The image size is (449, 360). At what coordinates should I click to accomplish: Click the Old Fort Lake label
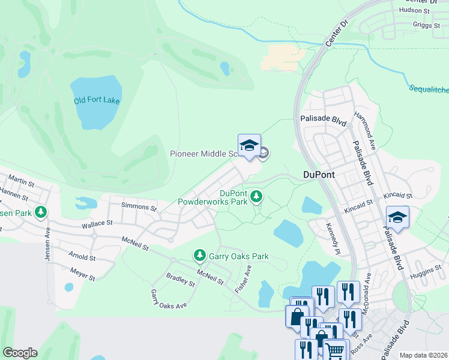click(97, 100)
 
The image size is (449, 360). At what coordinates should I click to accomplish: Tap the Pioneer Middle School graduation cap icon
click(249, 146)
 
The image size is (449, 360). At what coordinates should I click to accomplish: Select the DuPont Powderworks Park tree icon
click(257, 196)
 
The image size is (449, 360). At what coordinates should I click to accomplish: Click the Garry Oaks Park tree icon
click(199, 256)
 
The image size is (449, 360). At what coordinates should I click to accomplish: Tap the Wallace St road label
click(97, 223)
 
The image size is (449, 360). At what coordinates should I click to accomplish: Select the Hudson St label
click(415, 10)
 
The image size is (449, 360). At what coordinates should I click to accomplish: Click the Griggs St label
click(425, 25)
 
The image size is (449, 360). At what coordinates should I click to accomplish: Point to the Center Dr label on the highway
click(336, 34)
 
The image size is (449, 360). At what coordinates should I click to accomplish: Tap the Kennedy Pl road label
click(333, 237)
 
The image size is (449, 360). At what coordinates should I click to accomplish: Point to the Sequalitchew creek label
click(429, 89)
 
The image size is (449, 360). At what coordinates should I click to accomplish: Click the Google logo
click(20, 353)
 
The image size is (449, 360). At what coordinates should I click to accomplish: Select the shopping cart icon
click(336, 349)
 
